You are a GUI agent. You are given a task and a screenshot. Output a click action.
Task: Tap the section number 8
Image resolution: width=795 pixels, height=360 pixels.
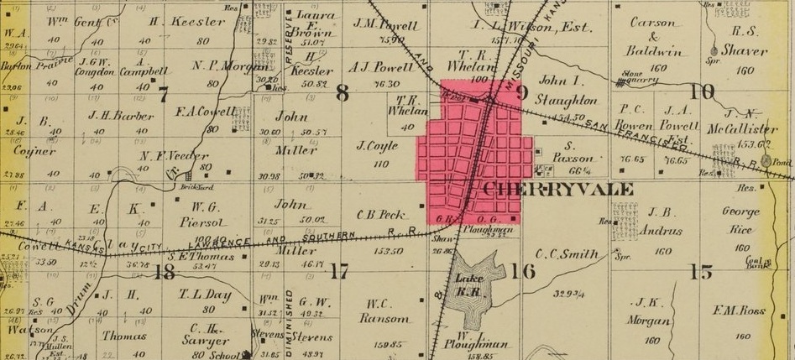tap(342, 93)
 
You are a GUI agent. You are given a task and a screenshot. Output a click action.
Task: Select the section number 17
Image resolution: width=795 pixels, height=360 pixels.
tap(338, 271)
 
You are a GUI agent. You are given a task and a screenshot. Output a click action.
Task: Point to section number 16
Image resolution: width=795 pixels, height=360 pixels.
tap(522, 270)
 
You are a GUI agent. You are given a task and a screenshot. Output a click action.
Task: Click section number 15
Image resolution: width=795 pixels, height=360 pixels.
tap(701, 271)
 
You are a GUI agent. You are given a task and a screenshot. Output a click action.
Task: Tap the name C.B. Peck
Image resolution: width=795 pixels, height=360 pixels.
tap(382, 214)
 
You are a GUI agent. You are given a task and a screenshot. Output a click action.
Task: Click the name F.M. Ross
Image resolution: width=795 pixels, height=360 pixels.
tap(739, 310)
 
